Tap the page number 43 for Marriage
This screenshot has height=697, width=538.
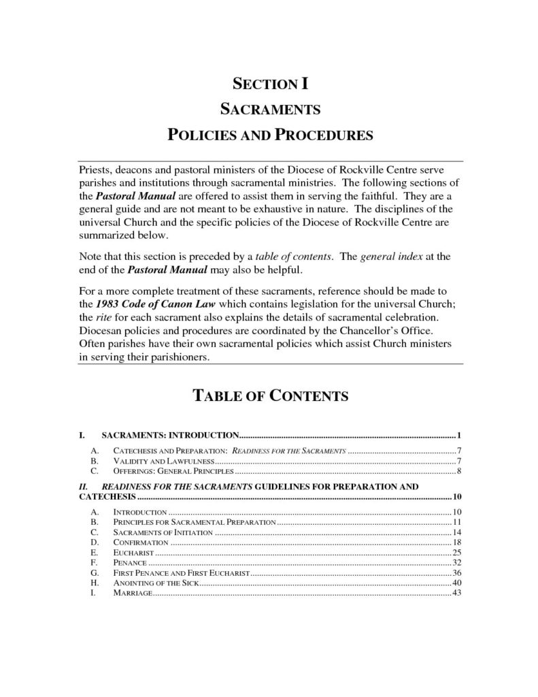[x=457, y=593]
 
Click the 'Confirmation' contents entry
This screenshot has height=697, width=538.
[x=140, y=542]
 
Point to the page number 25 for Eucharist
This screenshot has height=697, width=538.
[x=457, y=552]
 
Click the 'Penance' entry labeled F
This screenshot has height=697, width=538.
[x=128, y=562]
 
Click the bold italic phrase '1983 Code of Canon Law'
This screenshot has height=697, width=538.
[x=156, y=303]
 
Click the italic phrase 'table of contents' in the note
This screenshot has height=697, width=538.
[x=294, y=258]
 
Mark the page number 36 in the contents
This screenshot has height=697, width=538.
[x=457, y=572]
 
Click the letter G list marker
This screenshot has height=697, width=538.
[x=94, y=572]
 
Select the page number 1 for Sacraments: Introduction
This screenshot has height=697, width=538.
[x=460, y=434]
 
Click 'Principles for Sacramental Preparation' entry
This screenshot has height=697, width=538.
[x=193, y=521]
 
